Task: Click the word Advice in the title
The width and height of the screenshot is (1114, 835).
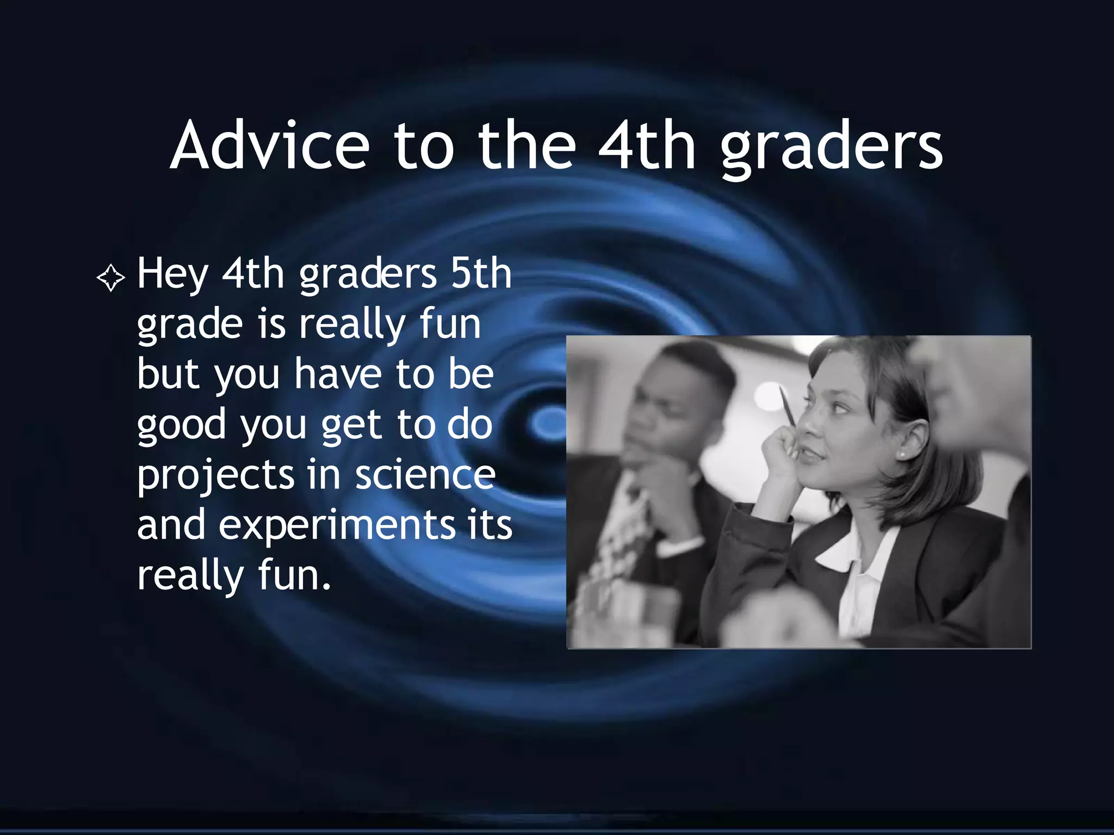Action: click(x=270, y=146)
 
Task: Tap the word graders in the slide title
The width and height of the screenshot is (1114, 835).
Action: click(x=832, y=147)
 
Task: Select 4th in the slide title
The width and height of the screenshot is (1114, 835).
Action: click(x=647, y=146)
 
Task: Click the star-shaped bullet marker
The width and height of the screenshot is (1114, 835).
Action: click(x=111, y=278)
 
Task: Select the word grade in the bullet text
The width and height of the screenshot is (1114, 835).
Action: click(x=189, y=325)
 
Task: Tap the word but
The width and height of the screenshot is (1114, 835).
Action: click(x=168, y=374)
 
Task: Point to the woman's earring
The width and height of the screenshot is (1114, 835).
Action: click(x=902, y=453)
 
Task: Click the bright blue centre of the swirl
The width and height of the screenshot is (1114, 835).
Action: click(x=548, y=423)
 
